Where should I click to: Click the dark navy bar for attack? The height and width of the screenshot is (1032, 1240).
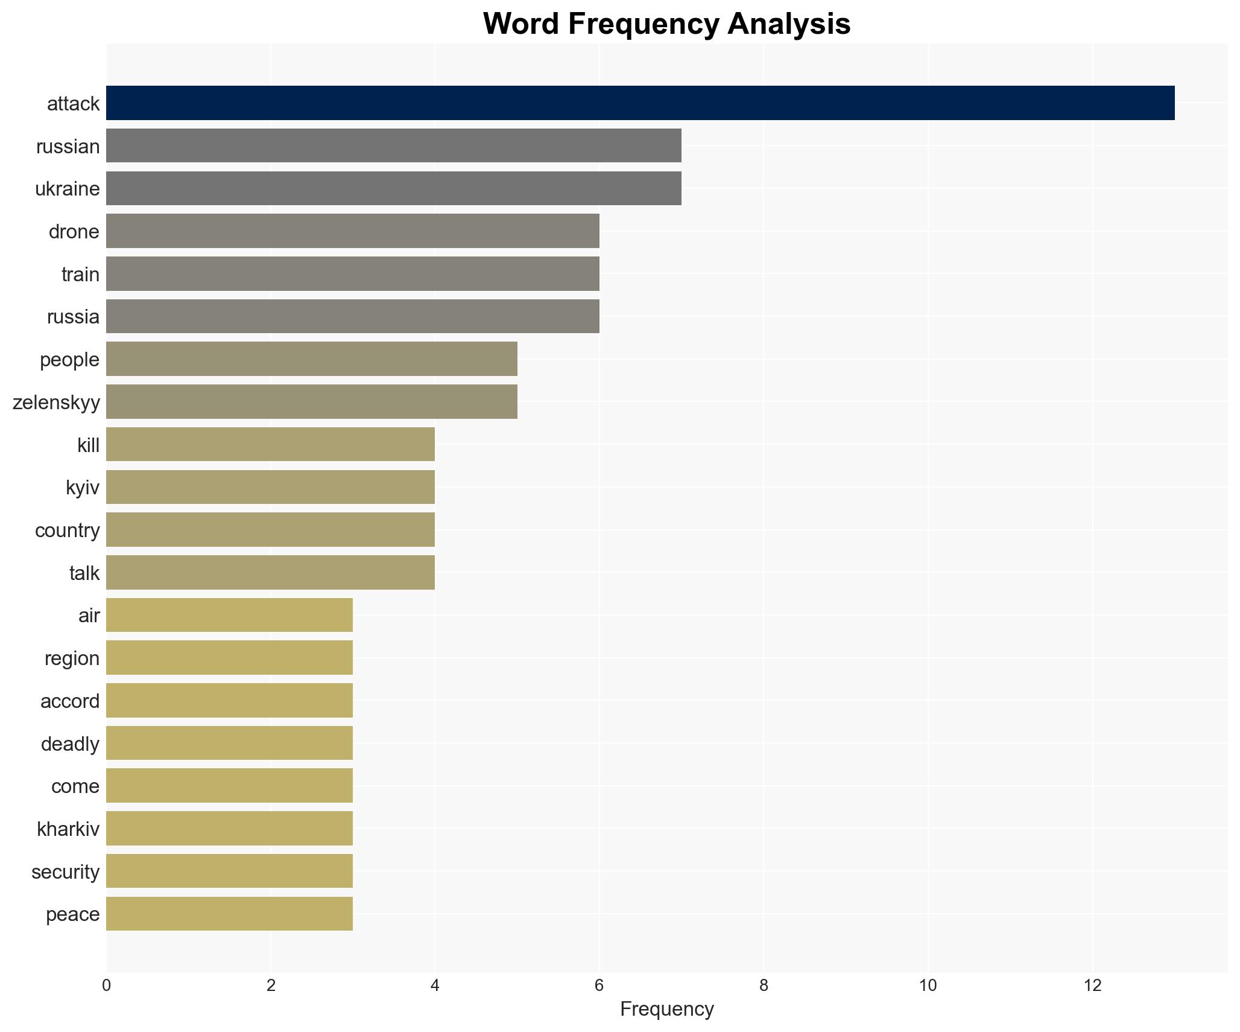tap(639, 103)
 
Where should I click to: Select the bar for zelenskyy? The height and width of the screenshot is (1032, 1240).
tap(311, 401)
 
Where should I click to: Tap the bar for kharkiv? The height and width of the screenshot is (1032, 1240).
tap(229, 828)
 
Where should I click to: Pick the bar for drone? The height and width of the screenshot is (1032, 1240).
tap(352, 231)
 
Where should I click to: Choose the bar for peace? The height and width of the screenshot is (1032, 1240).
tap(229, 913)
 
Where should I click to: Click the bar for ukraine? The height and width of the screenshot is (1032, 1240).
tap(393, 188)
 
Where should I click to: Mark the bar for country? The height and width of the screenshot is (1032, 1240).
tap(270, 529)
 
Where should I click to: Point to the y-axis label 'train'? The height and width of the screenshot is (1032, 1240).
tap(80, 274)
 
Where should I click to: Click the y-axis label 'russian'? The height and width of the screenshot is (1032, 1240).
tap(68, 146)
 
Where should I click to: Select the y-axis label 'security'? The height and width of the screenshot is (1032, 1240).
tap(65, 871)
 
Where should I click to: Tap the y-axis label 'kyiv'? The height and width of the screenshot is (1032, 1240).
tap(83, 487)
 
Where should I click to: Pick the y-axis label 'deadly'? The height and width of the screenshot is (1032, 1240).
tap(70, 744)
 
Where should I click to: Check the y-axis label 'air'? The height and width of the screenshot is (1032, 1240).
tap(89, 615)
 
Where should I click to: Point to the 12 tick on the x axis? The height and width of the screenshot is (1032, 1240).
tap(1092, 986)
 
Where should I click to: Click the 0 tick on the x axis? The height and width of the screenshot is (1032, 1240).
tap(107, 986)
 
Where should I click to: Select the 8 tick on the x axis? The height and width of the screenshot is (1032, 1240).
tap(764, 986)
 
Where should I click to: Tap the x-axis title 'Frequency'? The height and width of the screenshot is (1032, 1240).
tap(666, 1008)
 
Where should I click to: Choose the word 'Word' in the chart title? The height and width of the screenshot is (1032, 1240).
tap(520, 24)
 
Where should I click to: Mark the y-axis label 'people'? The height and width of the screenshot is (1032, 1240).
tap(69, 359)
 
